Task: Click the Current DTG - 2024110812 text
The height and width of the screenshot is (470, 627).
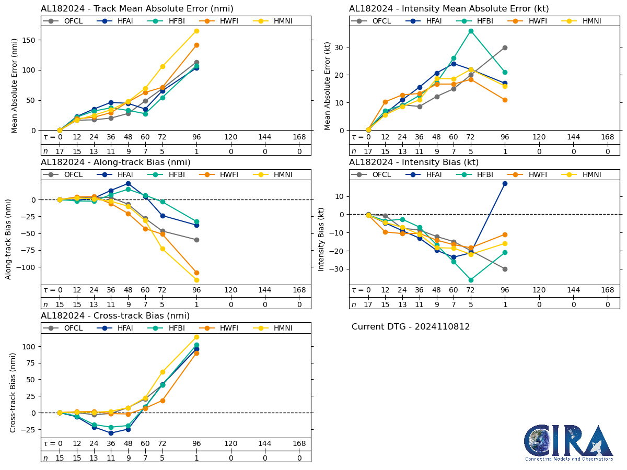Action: point(411,327)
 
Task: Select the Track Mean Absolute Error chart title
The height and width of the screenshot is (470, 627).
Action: point(137,9)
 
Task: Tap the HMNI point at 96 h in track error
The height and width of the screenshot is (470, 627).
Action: point(196,31)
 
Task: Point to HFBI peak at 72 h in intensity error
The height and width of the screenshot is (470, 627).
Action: point(471,31)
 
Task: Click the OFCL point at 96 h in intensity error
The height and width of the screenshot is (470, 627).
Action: point(505,48)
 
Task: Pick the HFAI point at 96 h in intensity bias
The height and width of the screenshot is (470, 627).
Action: point(505,183)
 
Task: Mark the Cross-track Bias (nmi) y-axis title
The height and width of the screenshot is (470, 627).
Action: point(13,392)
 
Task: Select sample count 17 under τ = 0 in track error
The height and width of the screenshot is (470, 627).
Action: point(60,151)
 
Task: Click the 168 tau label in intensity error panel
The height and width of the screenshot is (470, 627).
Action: point(607,137)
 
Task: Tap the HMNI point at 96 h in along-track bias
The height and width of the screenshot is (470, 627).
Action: point(196,280)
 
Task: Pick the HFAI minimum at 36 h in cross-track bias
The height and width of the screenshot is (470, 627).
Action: point(111,433)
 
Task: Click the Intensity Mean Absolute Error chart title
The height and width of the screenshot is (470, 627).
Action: point(449,9)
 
